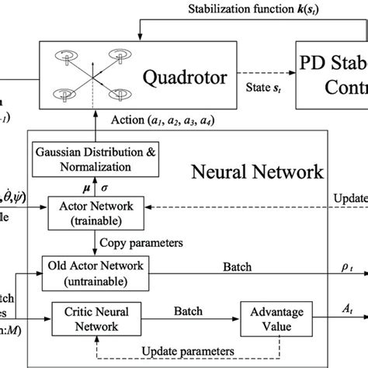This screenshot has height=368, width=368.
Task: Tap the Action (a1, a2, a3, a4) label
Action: (x=143, y=120)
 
